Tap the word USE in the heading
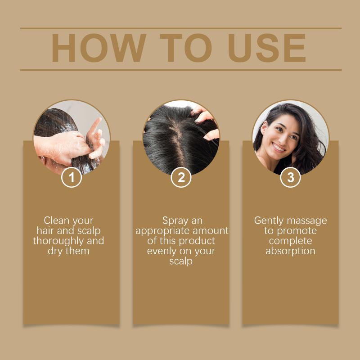pos(266,48)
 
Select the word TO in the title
pos(185,48)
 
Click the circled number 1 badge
pos(72,177)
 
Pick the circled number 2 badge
pos(181,177)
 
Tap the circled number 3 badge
pos(290,177)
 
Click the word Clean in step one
pos(56,220)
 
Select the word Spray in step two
pos(175,221)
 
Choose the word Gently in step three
pos(269,221)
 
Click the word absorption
pos(290,251)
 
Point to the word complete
pos(290,241)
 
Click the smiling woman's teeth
pos(279,148)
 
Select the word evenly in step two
pos(161,251)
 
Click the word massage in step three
pos(306,221)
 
